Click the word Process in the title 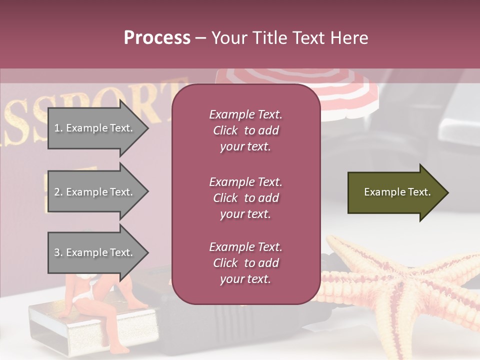pyautogui.click(x=157, y=38)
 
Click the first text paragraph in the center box pyautogui.click(x=245, y=130)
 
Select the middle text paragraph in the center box pyautogui.click(x=245, y=198)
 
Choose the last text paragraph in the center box pyautogui.click(x=245, y=263)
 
